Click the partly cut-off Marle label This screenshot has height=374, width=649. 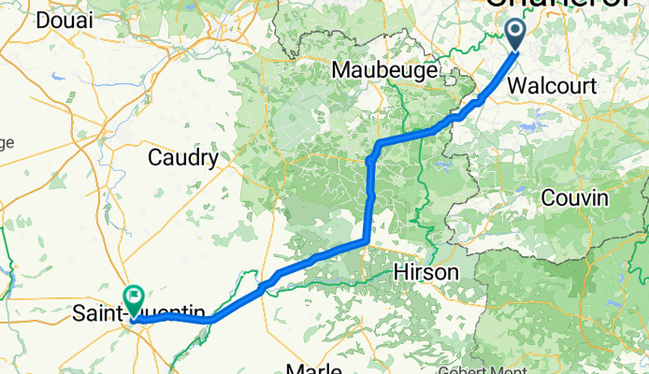tap(313, 367)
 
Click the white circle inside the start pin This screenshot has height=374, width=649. tap(515, 32)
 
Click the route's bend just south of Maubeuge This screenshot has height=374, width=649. tap(379, 144)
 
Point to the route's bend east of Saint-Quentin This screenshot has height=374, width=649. tap(213, 319)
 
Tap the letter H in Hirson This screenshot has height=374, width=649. tap(400, 271)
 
